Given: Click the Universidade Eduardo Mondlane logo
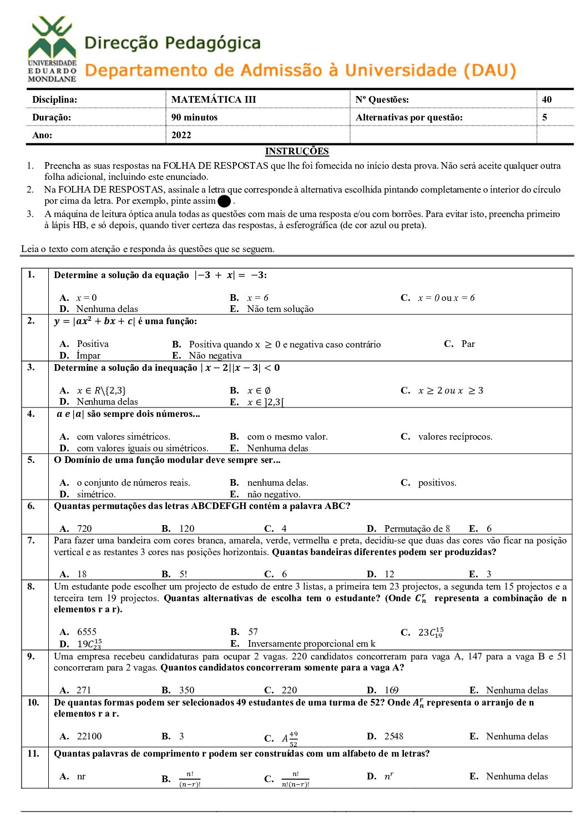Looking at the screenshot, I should pos(52,49).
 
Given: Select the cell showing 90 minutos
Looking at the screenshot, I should pos(194,117).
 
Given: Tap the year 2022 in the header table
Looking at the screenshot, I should pos(181,135).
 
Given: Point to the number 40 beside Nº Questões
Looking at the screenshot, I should pos(546,99).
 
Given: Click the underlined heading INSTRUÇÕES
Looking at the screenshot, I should pos(297,151).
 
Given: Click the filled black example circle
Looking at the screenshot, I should pos(224,202).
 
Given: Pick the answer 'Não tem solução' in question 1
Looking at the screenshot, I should pos(280,309).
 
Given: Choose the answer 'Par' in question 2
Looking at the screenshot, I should pos(468,344).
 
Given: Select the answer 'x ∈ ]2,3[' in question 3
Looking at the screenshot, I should pos(266,402).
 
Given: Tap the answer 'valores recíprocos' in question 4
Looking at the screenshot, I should pos(455,437).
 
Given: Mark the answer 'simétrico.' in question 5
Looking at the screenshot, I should pos(96,494).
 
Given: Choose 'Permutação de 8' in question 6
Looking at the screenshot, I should pos(417,528).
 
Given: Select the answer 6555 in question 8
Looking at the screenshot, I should pos(87,632).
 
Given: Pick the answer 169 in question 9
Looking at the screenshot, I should pos(391,690).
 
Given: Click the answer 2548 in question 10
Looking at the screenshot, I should pos(394,736).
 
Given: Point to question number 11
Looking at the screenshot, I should pos(33,753).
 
